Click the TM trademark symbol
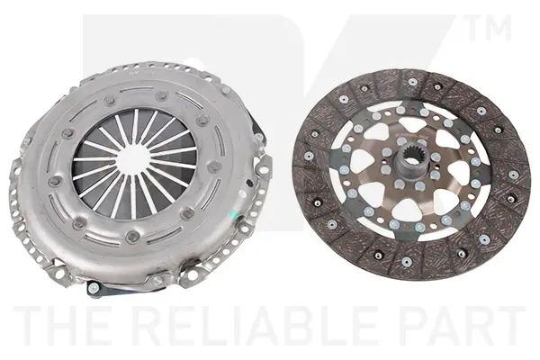coord(489,28)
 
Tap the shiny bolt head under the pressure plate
coord(92,287)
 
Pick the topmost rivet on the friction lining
coord(412,82)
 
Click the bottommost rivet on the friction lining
coord(406,261)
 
